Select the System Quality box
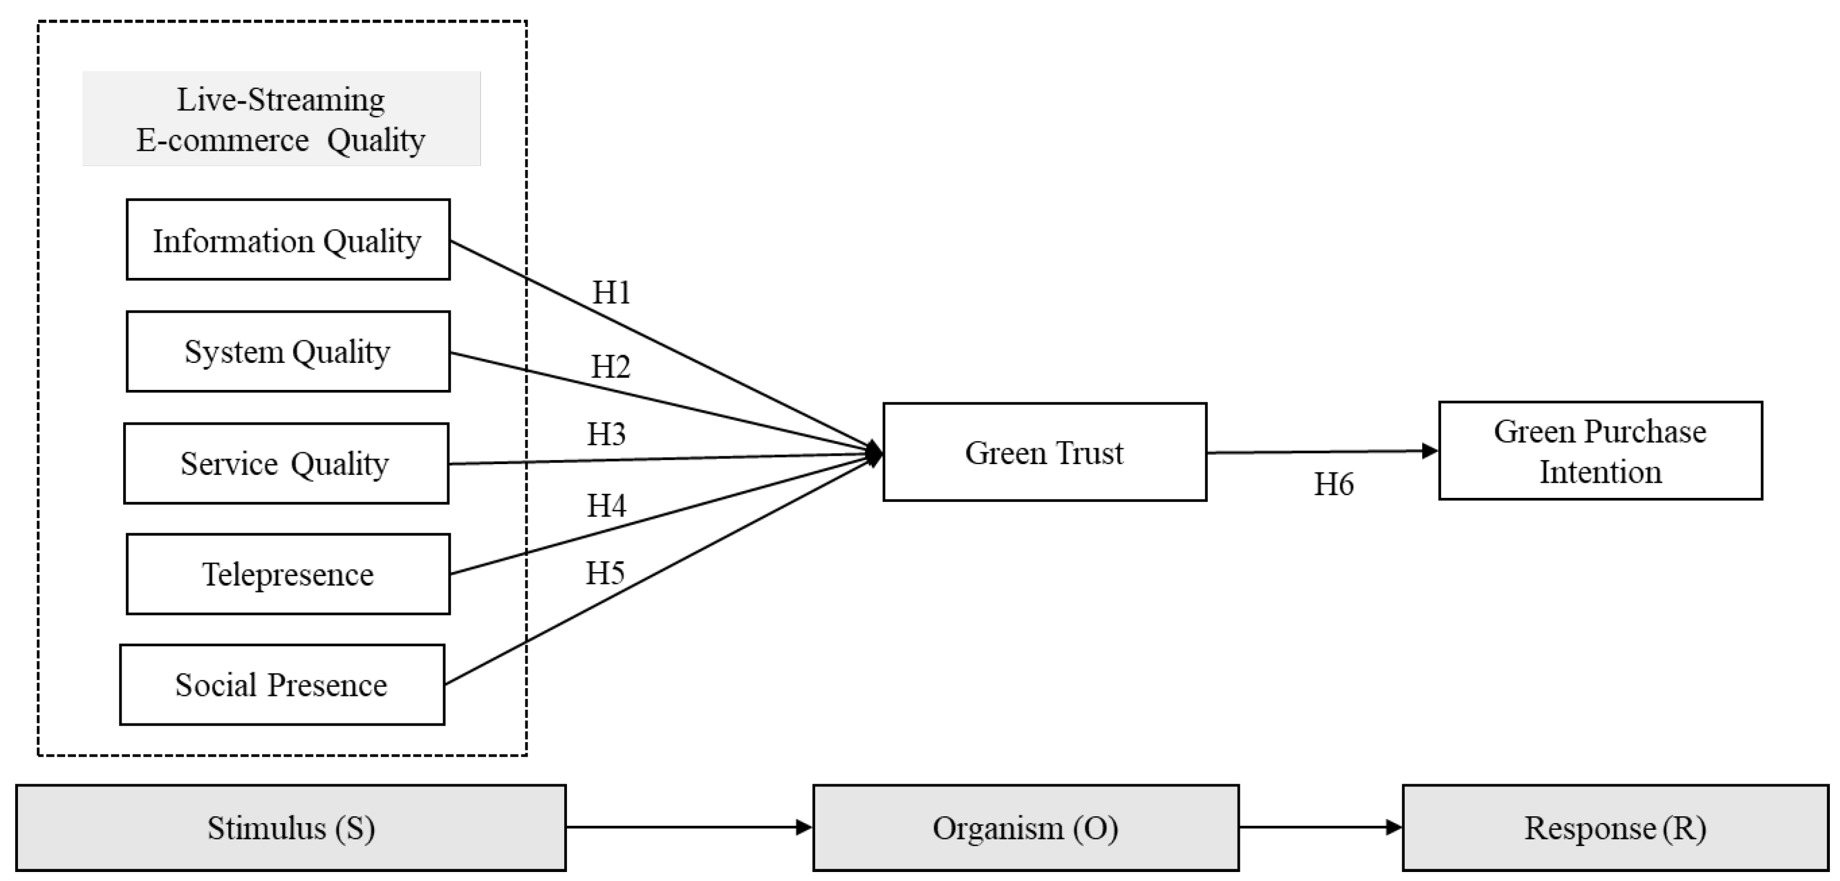[x=288, y=352]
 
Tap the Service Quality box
[x=286, y=464]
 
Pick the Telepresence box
[x=288, y=574]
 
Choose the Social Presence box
[x=282, y=685]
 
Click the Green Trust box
[x=1044, y=452]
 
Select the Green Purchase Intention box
[x=1600, y=451]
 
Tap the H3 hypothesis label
[x=606, y=434]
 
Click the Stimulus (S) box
[x=291, y=828]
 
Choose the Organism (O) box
[x=1025, y=828]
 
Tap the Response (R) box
[x=1615, y=828]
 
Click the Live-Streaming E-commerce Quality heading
[x=281, y=119]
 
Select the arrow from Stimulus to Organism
[x=689, y=828]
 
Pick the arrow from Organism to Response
[x=1320, y=828]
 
